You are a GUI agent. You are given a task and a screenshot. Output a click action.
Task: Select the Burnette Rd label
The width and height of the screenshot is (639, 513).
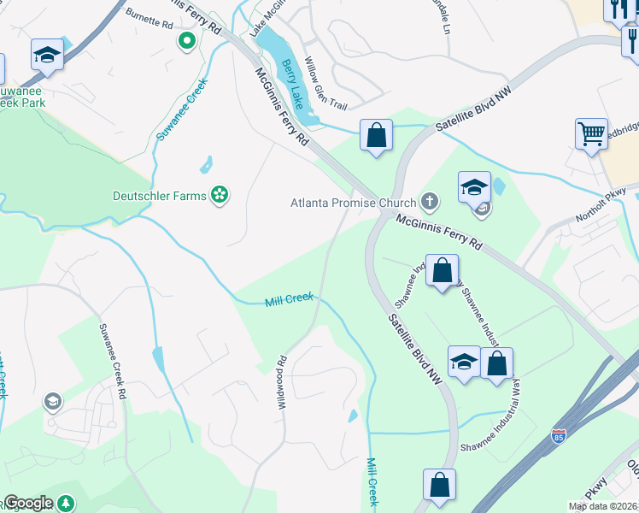click(149, 19)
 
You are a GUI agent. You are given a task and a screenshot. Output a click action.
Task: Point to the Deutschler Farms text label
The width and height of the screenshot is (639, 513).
click(160, 196)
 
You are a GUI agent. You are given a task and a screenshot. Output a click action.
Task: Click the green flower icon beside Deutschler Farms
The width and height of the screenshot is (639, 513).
click(220, 196)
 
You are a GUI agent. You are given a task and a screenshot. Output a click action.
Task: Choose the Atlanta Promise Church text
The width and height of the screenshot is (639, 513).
click(353, 203)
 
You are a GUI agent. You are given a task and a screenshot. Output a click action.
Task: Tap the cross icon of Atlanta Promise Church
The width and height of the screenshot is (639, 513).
click(430, 203)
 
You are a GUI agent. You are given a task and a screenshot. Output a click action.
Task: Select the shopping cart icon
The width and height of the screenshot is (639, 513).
click(591, 134)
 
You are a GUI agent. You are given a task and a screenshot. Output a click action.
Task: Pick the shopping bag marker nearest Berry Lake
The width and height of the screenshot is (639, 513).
click(376, 135)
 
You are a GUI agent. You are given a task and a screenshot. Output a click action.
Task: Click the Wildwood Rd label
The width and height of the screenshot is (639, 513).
click(281, 382)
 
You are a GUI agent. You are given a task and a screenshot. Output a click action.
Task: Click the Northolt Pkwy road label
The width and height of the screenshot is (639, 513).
click(601, 205)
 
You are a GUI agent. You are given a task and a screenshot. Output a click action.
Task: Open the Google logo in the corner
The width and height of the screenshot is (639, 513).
click(29, 503)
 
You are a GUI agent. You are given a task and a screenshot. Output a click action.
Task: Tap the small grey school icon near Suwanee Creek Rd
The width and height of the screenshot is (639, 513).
click(52, 402)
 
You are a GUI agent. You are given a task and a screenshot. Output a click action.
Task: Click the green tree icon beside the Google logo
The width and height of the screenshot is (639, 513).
click(66, 504)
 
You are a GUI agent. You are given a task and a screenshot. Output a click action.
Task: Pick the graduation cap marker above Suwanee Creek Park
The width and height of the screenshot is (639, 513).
click(48, 56)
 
